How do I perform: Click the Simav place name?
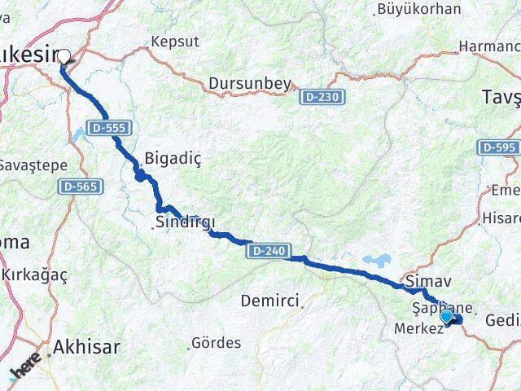427,281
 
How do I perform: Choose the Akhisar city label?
85,348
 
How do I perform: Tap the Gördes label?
216,343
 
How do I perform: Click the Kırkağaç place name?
35,277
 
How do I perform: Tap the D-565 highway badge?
80,187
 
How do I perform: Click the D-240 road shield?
268,251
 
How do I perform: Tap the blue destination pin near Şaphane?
446,315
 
